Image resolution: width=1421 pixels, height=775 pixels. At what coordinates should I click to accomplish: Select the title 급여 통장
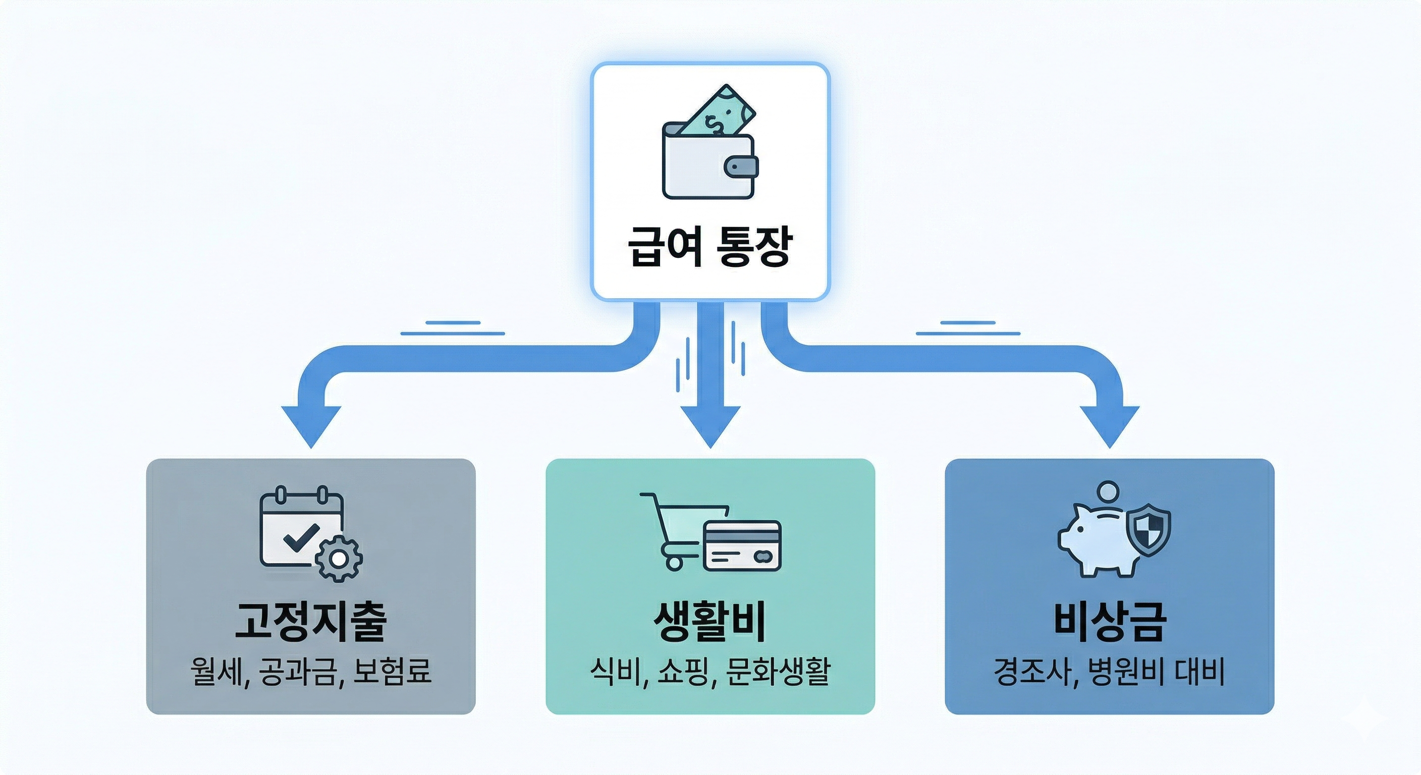pos(710,247)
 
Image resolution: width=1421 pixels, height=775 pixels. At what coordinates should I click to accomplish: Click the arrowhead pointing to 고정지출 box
pos(311,425)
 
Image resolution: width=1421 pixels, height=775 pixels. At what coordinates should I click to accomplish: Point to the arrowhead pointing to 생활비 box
pos(710,425)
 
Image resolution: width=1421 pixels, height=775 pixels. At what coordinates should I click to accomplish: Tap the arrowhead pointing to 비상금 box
pos(1109,425)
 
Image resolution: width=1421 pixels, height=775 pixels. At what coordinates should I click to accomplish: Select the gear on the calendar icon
pos(338,558)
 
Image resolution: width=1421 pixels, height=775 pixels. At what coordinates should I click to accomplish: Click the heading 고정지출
pos(310,621)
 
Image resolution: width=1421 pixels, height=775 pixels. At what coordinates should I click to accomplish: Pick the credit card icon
pos(742,545)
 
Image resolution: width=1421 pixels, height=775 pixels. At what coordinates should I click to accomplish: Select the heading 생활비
pos(710,621)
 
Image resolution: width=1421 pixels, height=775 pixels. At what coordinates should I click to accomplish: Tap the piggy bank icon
pos(1095,543)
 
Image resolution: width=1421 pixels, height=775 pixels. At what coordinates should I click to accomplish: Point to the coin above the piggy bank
pos(1108,490)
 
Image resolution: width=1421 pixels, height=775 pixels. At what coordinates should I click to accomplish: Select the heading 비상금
pos(1109,621)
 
